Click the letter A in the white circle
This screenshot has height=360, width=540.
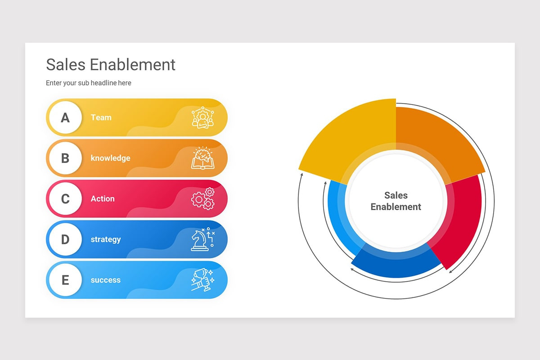(65, 118)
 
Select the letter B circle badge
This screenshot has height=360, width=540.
(65, 158)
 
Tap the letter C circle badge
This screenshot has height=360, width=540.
(65, 199)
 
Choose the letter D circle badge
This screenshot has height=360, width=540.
(65, 239)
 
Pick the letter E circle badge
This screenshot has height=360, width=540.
(65, 280)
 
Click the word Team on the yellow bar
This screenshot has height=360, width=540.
(101, 117)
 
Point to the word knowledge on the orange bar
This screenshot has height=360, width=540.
(110, 158)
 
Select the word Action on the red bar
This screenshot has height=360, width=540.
(103, 199)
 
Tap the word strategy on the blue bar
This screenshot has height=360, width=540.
(106, 239)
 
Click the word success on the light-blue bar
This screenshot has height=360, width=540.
(106, 280)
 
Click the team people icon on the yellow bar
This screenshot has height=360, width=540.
(203, 117)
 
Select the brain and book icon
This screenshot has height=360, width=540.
(203, 158)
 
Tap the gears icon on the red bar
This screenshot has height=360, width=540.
(203, 199)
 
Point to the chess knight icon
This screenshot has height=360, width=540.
(203, 239)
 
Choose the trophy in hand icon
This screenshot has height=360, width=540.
(203, 280)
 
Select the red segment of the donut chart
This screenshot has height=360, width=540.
(460, 217)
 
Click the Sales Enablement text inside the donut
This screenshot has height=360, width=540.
(396, 201)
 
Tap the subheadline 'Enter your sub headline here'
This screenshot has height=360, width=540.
(89, 83)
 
